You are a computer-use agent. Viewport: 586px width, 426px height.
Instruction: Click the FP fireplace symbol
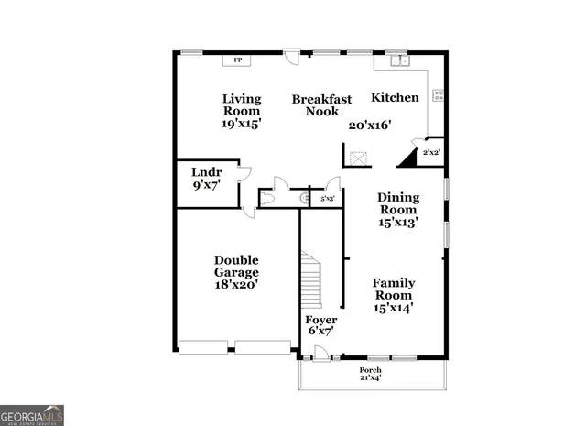(238, 60)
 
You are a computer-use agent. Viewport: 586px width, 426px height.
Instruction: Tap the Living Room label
(242, 104)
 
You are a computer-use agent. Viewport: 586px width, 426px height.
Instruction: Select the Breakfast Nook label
(321, 104)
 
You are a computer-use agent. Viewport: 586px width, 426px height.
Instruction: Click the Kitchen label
(395, 97)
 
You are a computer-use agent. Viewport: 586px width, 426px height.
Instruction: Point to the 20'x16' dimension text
(370, 126)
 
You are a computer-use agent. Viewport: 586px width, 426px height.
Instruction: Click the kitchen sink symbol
(399, 60)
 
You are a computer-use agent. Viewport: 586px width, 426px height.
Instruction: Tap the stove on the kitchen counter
(438, 93)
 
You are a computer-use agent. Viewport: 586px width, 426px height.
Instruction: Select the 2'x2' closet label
(430, 152)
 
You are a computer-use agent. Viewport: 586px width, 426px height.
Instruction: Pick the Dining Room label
(398, 202)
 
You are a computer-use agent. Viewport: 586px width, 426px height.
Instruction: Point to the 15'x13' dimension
(398, 222)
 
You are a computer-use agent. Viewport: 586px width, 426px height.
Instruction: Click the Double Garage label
(236, 266)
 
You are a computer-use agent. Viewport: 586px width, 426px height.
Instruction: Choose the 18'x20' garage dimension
(236, 284)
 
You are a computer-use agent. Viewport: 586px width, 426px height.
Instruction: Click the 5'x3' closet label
(327, 198)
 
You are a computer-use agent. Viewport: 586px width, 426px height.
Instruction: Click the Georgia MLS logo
(32, 415)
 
